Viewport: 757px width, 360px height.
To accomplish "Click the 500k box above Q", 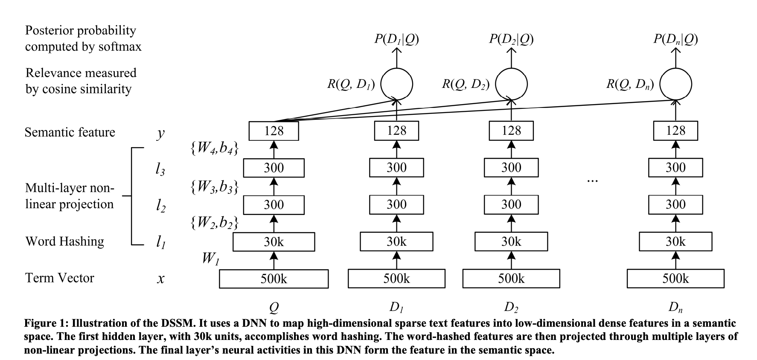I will tap(274, 279).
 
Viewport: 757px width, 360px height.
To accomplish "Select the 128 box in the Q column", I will tap(274, 131).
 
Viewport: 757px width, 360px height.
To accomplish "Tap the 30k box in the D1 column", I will tap(396, 242).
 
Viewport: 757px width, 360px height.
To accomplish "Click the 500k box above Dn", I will tap(675, 279).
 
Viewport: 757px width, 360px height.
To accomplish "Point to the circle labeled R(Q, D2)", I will tap(511, 84).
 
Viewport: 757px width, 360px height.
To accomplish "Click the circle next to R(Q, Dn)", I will tap(675, 84).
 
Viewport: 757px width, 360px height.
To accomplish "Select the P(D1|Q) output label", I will tap(396, 39).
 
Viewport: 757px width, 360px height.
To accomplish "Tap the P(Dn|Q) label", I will tap(675, 39).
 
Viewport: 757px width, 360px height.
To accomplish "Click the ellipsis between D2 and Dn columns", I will tap(593, 181).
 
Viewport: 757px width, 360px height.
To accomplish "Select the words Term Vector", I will tap(60, 278).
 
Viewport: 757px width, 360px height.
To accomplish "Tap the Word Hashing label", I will tap(64, 241).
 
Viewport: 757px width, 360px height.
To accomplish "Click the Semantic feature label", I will tap(70, 132).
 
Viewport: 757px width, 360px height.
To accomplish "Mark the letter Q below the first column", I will tap(274, 307).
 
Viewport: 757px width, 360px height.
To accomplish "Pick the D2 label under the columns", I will tap(511, 307).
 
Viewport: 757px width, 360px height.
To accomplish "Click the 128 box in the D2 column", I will tap(511, 131).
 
